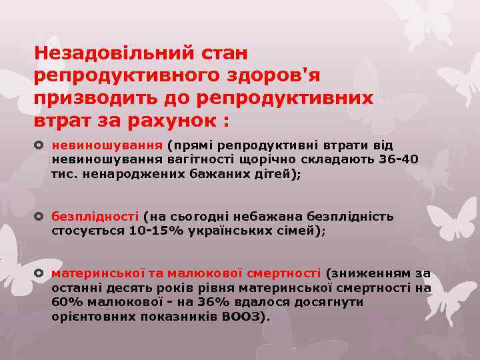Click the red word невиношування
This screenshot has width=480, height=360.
[x=107, y=145]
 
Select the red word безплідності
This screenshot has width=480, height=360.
[x=95, y=217]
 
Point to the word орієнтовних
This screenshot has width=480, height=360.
[x=93, y=316]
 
